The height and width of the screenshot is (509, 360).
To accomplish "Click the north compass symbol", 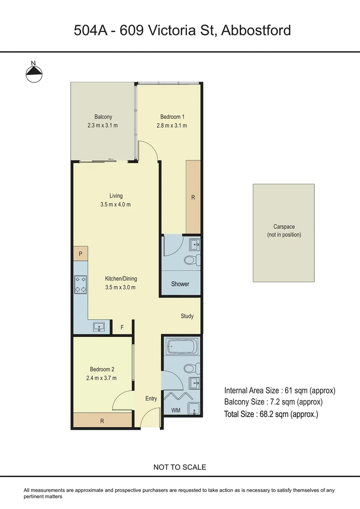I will tap(33, 72).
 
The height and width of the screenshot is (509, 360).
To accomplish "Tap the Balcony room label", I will tap(103, 117).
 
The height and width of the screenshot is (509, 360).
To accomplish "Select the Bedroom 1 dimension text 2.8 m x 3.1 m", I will tap(172, 126).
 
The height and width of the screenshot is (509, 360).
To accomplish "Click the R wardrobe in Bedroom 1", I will tap(193, 197).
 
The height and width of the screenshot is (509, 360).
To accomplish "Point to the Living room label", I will tap(115, 196).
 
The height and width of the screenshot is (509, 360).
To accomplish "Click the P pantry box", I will tap(80, 254).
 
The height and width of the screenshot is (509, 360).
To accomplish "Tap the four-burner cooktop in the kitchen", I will tap(80, 284).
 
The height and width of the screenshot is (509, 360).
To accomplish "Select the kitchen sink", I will tap(99, 327).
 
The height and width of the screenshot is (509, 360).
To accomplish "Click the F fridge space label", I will tap(122, 327).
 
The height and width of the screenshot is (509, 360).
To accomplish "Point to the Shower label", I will tap(180, 284).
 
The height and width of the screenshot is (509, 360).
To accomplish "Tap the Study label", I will tap(187, 316).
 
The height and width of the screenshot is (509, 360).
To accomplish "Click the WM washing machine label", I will tap(176, 410).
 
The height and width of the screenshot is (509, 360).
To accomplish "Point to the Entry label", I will tap(151, 399).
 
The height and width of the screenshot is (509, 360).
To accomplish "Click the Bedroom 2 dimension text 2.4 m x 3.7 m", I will tap(102, 378).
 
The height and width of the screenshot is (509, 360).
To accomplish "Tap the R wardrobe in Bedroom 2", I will tap(102, 421).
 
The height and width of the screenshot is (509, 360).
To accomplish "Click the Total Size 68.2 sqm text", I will tap(271, 415).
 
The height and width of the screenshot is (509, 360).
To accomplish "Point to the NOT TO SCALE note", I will tap(180, 468).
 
